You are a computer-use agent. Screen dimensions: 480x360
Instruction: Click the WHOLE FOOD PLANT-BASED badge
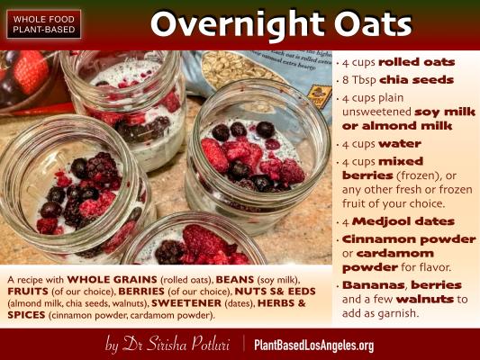[x=44, y=24]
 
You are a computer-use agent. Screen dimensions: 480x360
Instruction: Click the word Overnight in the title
[x=237, y=24]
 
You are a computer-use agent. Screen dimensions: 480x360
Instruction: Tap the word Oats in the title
[x=373, y=23]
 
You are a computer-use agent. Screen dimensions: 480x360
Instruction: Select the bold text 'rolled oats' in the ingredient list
[x=417, y=62]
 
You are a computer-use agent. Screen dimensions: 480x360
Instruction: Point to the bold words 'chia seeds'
[x=416, y=80]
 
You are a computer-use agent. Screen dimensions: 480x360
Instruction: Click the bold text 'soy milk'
[x=445, y=112]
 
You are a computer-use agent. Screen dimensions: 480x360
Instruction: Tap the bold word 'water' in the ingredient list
[x=400, y=143]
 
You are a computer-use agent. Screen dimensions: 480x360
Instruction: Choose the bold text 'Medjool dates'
[x=403, y=221]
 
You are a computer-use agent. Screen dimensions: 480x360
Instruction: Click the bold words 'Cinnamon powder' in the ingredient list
[x=409, y=239]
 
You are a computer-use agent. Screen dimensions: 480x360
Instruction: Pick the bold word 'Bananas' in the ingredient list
[x=374, y=284]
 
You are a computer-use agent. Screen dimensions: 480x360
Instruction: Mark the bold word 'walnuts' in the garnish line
[x=425, y=299]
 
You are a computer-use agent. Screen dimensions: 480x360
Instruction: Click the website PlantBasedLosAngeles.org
[x=313, y=346]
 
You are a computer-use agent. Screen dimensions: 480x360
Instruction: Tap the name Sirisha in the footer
[x=167, y=344]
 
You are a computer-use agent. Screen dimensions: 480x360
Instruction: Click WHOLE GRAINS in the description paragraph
[x=112, y=280]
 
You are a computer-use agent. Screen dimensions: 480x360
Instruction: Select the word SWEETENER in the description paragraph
[x=186, y=303]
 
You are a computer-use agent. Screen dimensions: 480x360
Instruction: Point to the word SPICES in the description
[x=26, y=315]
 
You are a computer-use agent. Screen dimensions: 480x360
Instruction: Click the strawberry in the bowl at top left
[x=31, y=72]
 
